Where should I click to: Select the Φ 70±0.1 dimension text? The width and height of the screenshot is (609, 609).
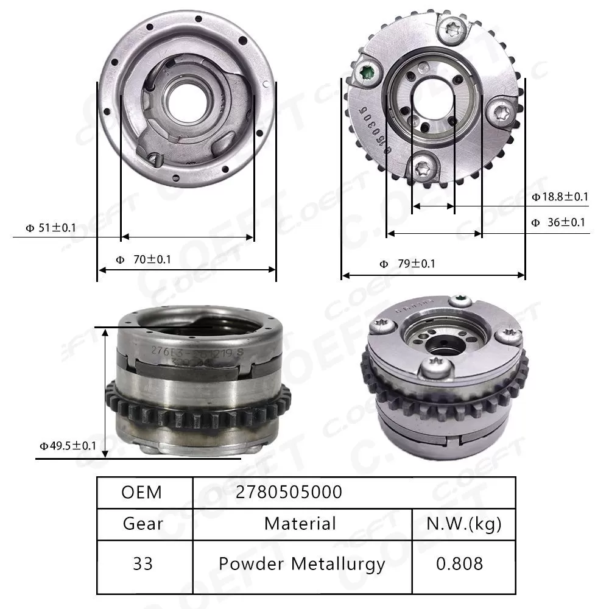143,259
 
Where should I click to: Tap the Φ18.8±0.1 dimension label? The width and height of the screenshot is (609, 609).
560,197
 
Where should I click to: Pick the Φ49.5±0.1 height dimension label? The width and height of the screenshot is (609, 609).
68,446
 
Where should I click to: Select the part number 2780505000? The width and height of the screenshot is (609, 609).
289,492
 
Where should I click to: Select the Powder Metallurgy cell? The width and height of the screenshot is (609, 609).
301,564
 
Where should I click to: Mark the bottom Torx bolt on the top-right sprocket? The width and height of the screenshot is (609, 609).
425,166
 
